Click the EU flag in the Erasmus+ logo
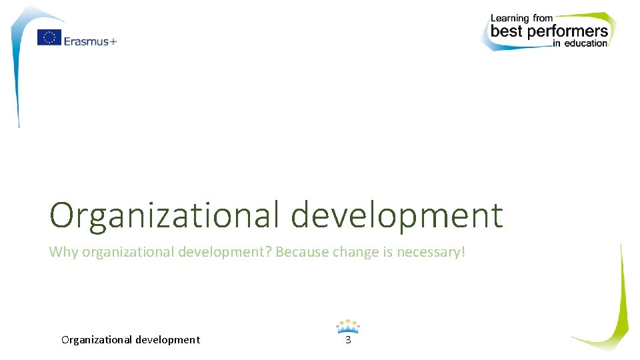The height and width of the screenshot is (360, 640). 49,38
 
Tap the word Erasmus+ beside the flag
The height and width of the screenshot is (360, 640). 90,41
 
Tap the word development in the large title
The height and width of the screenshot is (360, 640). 398,215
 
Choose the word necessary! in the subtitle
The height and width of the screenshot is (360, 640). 431,253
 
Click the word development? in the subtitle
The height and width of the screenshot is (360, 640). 225,253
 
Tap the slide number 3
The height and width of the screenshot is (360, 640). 347,340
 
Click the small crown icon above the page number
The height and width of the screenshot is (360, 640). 347,327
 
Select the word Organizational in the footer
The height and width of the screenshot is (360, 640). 97,340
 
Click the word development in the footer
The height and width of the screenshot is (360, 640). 167,340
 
